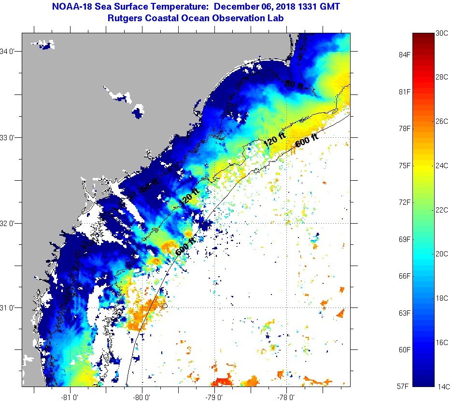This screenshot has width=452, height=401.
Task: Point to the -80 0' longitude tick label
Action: (142, 398)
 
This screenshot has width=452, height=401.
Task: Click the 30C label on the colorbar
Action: (442, 34)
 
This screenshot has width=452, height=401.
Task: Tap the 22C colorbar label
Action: (442, 210)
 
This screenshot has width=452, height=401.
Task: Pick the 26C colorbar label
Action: (442, 122)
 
